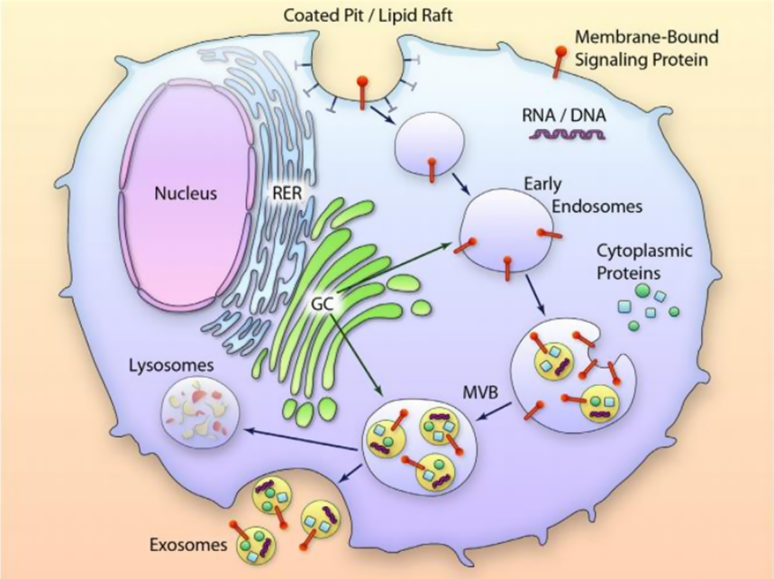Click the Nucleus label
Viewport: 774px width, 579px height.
pyautogui.click(x=186, y=193)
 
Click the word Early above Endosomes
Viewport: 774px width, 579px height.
pyautogui.click(x=542, y=184)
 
